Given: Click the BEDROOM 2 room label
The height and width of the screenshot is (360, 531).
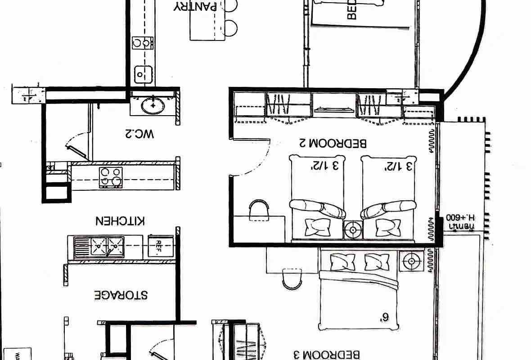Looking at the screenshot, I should (x=333, y=144).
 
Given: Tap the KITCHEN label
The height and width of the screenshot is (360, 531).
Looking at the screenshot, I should (x=120, y=221).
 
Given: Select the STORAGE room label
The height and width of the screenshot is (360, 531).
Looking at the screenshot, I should (x=121, y=295).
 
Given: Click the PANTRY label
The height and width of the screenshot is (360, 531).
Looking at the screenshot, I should (x=196, y=6).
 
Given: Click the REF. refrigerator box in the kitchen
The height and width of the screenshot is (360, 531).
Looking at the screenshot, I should (x=160, y=246).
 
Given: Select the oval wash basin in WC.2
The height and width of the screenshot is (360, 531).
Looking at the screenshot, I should (x=153, y=106).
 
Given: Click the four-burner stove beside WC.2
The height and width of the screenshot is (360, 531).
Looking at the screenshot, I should (x=111, y=177).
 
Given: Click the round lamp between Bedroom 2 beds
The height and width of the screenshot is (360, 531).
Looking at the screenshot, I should (x=353, y=230).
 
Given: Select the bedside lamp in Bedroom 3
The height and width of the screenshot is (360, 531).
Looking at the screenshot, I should (x=410, y=261).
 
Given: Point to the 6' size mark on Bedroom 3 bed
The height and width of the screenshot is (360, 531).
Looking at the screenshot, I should (x=383, y=317).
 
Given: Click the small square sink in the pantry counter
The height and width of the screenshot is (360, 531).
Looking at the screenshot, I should (x=143, y=73).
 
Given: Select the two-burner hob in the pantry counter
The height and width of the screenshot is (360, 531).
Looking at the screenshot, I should (x=143, y=43).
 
